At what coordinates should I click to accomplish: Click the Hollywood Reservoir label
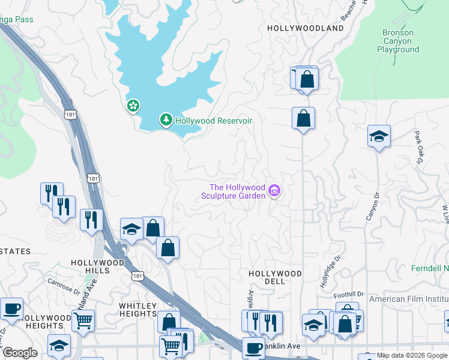[213, 121]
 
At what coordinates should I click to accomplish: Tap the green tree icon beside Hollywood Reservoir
[166, 120]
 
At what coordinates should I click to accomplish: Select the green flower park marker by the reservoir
[133, 106]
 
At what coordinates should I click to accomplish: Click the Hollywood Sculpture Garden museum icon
[275, 191]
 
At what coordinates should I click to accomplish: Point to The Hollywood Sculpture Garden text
[234, 191]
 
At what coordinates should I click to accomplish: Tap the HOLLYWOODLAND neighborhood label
[305, 28]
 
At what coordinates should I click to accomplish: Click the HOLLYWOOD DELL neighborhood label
[276, 278]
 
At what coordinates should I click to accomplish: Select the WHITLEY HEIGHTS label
[137, 310]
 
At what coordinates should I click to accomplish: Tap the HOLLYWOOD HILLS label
[97, 267]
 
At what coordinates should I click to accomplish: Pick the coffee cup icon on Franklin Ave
[253, 347]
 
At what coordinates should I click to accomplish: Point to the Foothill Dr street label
[349, 294]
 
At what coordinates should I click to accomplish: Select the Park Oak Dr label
[418, 148]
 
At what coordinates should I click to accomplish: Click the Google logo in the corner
[20, 353]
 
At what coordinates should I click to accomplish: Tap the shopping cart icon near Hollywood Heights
[83, 319]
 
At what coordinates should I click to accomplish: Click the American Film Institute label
[409, 299]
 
